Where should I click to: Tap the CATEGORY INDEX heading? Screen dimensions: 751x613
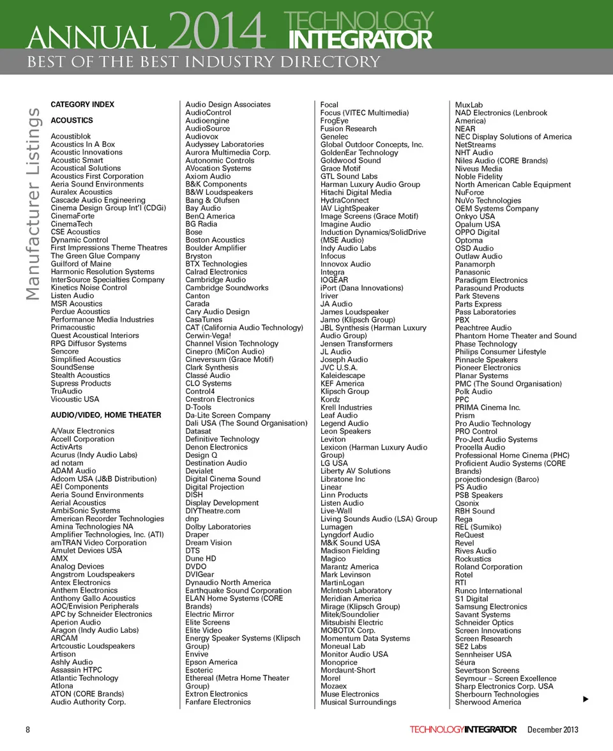[x=82, y=104]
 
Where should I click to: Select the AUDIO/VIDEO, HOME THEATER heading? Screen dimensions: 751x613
[x=106, y=415]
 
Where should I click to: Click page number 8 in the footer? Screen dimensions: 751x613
[x=28, y=729]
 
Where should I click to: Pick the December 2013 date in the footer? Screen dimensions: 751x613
[x=553, y=729]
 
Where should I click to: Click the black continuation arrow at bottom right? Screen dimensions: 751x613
[x=585, y=700]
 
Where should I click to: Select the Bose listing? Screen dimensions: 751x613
[x=194, y=232]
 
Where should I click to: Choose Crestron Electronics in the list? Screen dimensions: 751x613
[x=220, y=399]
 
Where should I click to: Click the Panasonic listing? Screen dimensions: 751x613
[x=473, y=272]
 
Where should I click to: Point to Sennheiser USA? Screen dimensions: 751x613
[x=483, y=655]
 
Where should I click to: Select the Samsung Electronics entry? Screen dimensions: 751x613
[x=491, y=607]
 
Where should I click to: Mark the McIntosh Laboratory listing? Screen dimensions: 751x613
[x=356, y=591]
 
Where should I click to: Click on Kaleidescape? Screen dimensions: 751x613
[x=343, y=375]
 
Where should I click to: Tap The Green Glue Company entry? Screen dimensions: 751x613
[x=95, y=255]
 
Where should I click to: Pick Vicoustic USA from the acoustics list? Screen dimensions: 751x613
[x=75, y=399]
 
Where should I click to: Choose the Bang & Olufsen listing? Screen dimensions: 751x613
[x=213, y=201]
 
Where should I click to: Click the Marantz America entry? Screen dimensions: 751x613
[x=349, y=566]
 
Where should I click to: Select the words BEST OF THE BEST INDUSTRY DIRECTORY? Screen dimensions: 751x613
[x=203, y=62]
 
